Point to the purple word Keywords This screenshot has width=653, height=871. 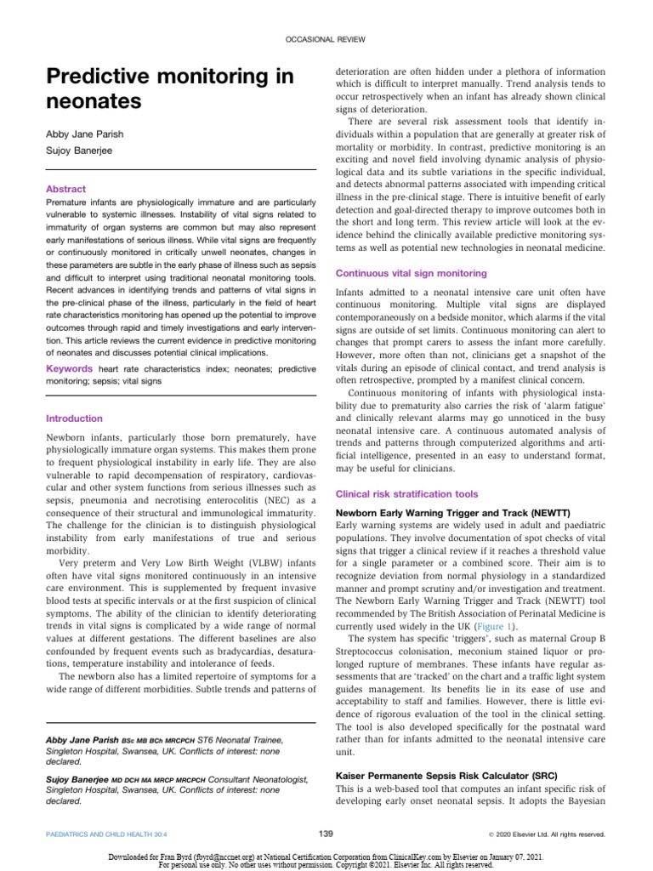tap(69, 370)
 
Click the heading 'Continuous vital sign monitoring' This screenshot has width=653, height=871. tap(411, 273)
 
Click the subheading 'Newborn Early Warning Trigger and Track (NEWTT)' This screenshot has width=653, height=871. tap(454, 513)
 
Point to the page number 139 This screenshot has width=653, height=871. tap(326, 833)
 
